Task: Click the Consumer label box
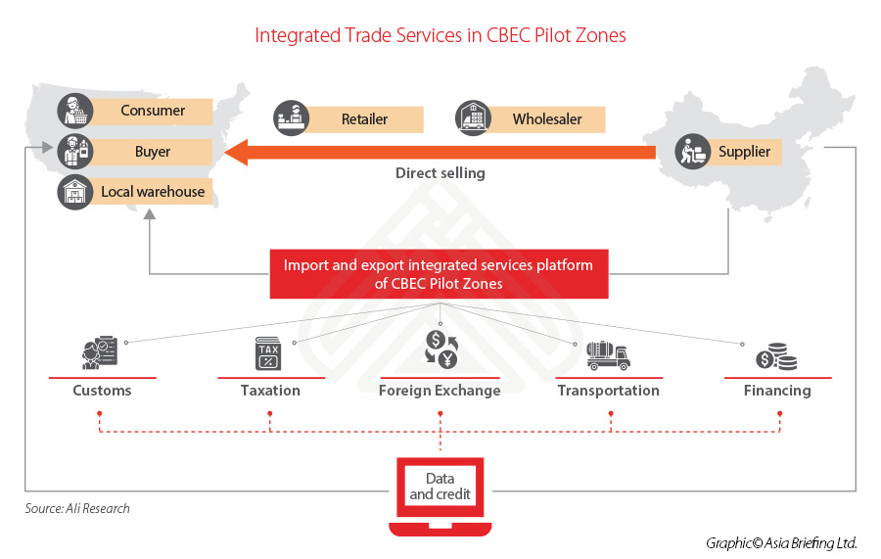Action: [152, 111]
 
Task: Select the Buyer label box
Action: [152, 152]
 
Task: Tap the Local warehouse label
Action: [152, 192]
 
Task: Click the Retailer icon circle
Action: [292, 118]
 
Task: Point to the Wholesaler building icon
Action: [473, 118]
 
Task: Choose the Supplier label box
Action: [744, 152]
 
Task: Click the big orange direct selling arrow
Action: [440, 152]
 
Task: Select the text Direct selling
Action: [440, 173]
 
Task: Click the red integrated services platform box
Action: [439, 274]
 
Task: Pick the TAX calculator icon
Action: [269, 353]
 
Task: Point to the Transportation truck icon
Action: [607, 354]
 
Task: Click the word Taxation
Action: [270, 391]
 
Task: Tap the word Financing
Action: [776, 391]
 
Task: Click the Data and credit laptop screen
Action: [440, 487]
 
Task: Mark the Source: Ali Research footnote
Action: [77, 508]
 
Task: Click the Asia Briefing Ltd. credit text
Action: [780, 542]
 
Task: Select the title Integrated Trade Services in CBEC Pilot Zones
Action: [440, 35]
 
